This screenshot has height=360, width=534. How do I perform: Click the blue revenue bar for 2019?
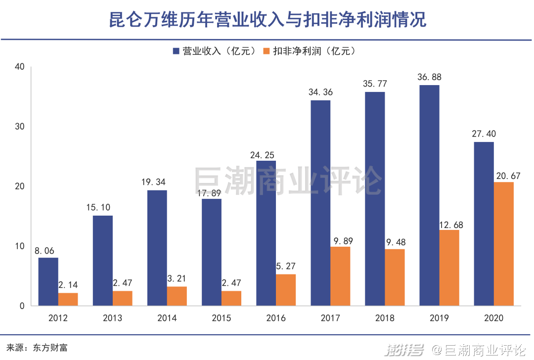coord(429,195)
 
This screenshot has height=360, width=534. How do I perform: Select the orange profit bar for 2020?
coord(503,244)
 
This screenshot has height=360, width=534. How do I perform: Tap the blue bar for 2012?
coord(48,281)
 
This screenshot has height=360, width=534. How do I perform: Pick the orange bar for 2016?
coord(286,290)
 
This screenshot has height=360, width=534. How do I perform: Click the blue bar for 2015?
coord(212,252)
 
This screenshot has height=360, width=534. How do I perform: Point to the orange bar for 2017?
coord(340,276)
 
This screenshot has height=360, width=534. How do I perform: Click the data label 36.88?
coord(429,77)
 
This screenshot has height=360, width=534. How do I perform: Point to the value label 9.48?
coord(395,242)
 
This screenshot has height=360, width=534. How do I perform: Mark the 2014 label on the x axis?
coord(167,318)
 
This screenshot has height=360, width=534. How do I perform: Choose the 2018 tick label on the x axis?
coord(385,318)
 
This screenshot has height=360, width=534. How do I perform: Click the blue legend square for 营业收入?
coord(177,51)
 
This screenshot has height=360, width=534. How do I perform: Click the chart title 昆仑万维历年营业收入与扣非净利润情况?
coord(267,20)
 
